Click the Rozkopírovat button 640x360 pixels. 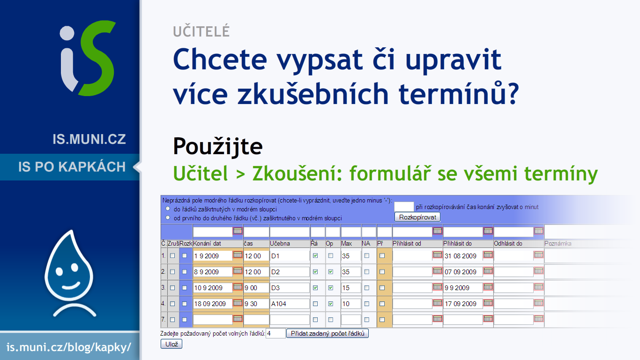pos(417,217)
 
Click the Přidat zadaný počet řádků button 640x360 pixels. pos(327,333)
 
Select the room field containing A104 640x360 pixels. pos(290,304)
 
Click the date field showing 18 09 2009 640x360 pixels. pos(213,304)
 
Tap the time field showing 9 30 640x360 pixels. pos(256,304)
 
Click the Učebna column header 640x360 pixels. pos(280,244)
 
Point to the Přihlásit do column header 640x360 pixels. pos(457,244)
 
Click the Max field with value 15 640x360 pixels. pos(351,288)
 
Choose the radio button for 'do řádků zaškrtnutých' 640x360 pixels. pos(168,209)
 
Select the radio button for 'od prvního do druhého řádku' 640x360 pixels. pos(168,217)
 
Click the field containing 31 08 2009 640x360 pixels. pos(463,256)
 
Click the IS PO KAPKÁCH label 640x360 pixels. pos(72,167)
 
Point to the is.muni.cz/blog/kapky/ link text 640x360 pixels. pos(69,347)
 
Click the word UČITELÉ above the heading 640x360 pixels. pos(201,31)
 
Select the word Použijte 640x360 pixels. pos(218,146)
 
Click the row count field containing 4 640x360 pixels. pos(275,333)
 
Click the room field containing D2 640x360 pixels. pos(290,272)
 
